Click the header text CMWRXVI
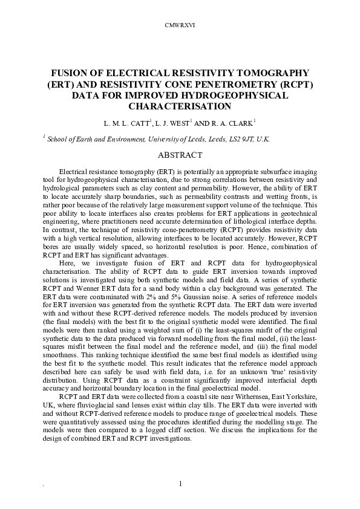[180, 25]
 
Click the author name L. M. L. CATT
[127, 123]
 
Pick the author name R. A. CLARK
[237, 123]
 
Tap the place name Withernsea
[241, 395]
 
